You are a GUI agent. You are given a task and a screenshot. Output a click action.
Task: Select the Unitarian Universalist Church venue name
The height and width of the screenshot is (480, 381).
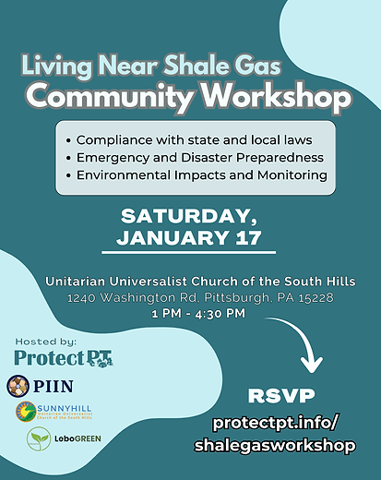pyautogui.click(x=190, y=282)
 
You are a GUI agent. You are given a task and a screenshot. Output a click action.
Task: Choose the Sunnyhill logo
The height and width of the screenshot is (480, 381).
pyautogui.click(x=53, y=410)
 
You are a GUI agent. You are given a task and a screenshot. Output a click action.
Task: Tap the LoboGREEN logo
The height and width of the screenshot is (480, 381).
pyautogui.click(x=65, y=438)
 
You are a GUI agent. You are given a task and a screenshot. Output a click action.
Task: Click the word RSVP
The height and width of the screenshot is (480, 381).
pyautogui.click(x=281, y=396)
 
